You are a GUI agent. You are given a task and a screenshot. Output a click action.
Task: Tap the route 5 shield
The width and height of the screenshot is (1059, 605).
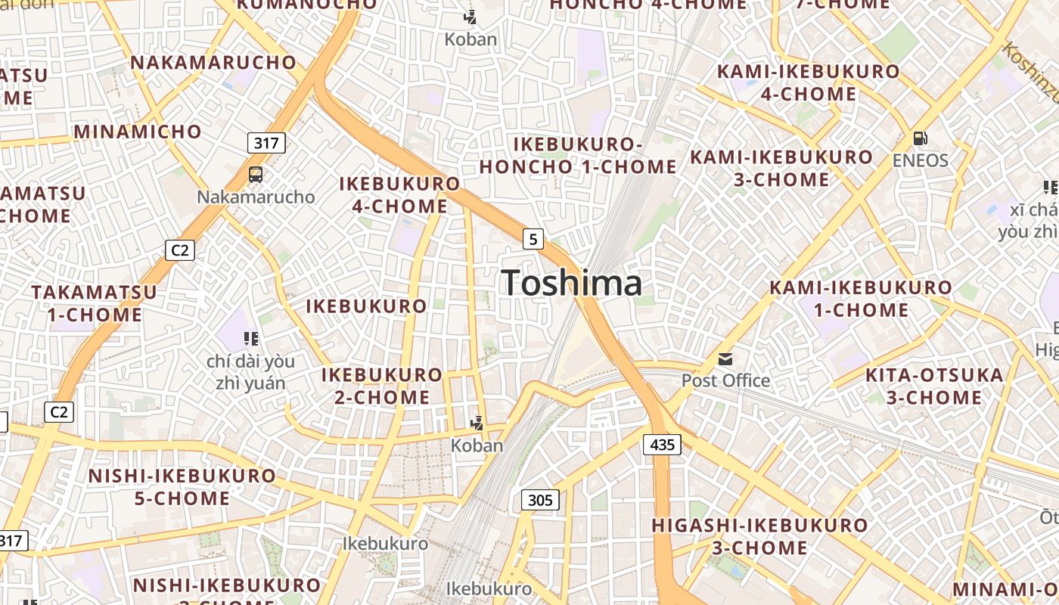point(533,239)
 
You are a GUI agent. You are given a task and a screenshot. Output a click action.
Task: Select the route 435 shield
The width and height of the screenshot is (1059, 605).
point(662,445)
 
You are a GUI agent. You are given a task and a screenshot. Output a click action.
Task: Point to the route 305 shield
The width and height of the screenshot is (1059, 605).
point(540,500)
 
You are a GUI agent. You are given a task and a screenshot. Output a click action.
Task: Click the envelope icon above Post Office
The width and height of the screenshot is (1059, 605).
point(725,358)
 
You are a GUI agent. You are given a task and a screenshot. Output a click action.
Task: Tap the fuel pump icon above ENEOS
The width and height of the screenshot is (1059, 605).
point(921,138)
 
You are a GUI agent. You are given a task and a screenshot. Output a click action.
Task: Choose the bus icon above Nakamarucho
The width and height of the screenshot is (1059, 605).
point(256,175)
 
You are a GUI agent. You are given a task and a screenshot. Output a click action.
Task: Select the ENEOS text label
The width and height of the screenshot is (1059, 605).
point(921,160)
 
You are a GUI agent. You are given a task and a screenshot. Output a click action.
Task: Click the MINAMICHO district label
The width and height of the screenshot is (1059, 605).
point(138,132)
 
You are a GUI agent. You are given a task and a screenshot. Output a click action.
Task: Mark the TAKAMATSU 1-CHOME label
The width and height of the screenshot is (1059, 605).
point(95,303)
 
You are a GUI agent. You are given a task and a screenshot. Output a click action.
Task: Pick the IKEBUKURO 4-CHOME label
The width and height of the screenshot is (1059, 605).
point(399,194)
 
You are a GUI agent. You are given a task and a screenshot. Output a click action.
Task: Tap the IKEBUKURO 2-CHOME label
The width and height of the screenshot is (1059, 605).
point(382,386)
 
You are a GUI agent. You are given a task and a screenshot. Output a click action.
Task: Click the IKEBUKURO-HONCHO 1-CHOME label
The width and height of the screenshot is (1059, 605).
point(579,156)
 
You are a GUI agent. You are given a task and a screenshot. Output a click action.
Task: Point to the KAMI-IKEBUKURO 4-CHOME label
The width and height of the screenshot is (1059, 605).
point(809,83)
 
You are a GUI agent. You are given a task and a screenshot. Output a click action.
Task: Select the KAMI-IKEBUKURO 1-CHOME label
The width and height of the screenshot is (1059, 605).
point(861,299)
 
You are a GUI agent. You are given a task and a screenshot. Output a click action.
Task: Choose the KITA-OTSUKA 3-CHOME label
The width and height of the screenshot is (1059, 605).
point(934,386)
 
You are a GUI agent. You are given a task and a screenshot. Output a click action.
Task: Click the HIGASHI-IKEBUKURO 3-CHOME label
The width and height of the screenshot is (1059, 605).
point(759,536)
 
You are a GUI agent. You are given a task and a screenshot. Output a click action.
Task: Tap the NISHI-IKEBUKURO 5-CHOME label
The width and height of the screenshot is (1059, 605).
point(182,487)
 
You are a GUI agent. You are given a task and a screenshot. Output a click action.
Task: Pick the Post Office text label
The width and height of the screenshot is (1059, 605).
point(725,380)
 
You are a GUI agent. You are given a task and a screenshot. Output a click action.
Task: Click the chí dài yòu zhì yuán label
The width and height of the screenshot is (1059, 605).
point(246,372)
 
